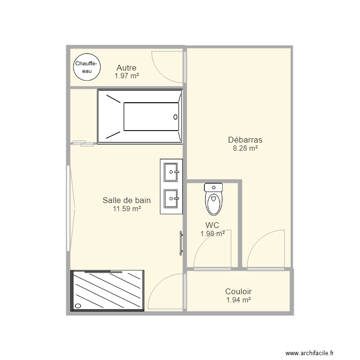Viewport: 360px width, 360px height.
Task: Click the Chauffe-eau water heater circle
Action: pos(87,67)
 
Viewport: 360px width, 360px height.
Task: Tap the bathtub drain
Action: pos(175,117)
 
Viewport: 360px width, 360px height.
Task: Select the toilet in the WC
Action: pos(214,199)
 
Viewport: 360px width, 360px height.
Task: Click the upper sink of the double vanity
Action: pos(171,172)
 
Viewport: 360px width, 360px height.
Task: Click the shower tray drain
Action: pos(78,305)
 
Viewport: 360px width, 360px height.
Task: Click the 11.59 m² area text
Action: pos(127,209)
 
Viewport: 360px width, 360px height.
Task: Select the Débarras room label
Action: pos(245,140)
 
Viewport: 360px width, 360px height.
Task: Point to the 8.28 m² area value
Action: pos(245,149)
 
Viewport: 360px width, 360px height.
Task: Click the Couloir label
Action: pos(239,291)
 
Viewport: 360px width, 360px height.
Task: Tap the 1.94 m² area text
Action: pos(239,300)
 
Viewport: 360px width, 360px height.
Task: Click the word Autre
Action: pos(126,68)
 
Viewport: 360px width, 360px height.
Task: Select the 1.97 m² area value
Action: pos(126,76)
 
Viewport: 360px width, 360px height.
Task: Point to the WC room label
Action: pos(213,225)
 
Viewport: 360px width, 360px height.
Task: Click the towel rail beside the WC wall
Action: pos(181,243)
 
